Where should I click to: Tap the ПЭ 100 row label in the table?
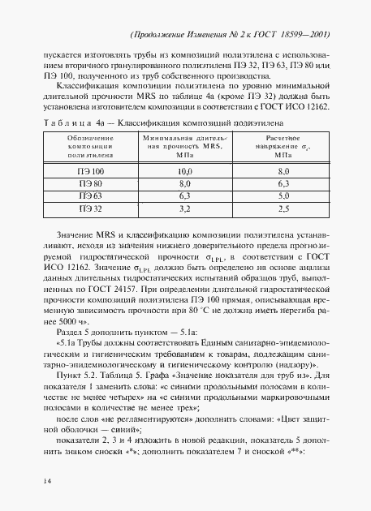(x=91, y=172)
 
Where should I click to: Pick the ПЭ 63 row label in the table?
(x=91, y=196)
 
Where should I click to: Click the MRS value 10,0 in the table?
(x=184, y=172)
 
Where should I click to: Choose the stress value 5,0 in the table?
(x=284, y=196)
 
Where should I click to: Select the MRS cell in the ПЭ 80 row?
(x=184, y=184)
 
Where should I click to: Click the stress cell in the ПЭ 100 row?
(x=284, y=172)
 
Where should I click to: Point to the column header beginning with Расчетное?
(x=283, y=145)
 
